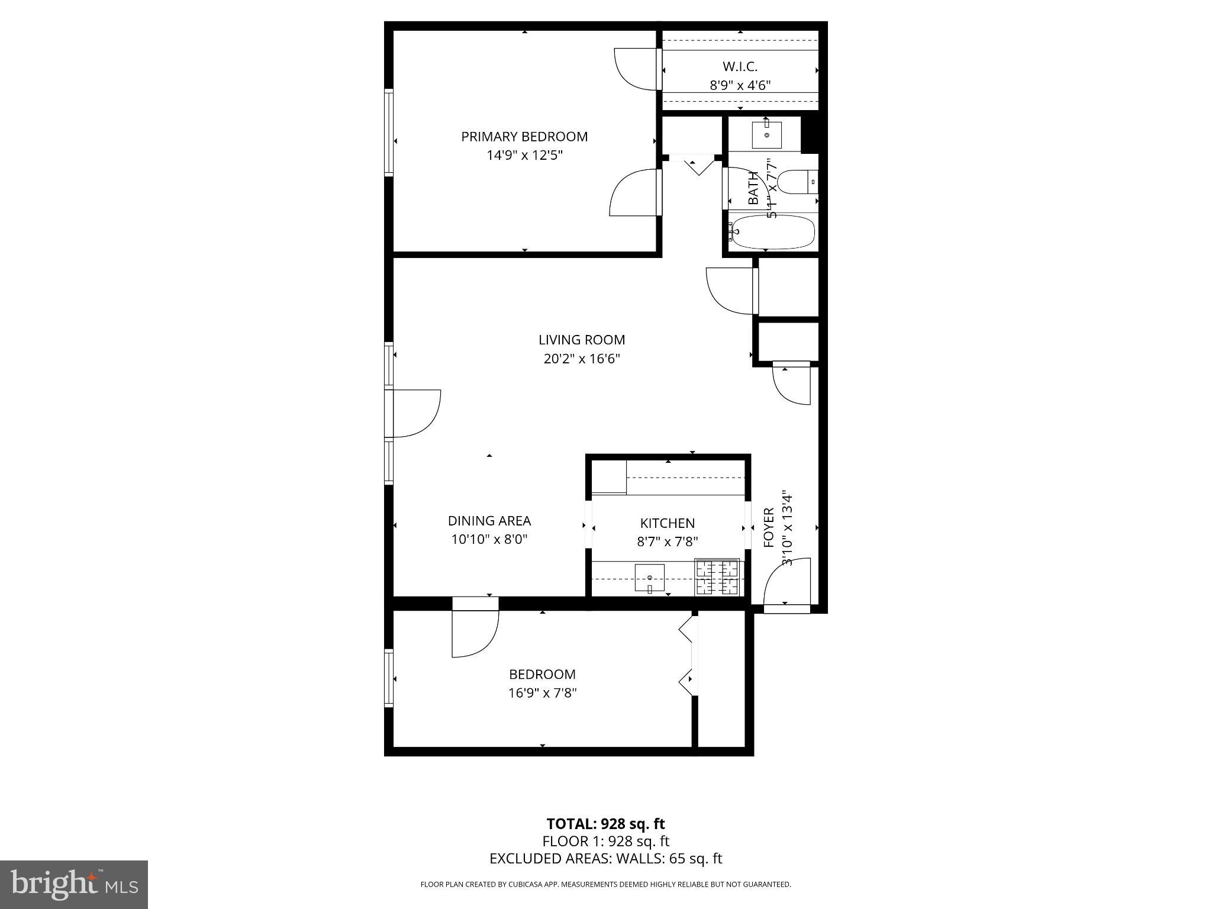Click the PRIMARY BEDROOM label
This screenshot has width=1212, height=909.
click(524, 137)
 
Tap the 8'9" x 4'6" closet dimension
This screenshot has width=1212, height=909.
click(740, 85)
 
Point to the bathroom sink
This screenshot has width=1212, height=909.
click(767, 135)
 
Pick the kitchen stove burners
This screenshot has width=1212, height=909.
click(717, 577)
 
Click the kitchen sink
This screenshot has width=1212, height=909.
click(649, 578)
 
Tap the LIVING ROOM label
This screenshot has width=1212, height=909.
click(581, 340)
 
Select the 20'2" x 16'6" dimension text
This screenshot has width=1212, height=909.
click(581, 359)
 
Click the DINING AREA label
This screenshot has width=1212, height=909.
click(489, 521)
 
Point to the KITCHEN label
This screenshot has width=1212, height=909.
click(667, 523)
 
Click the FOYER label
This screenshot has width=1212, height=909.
click(769, 527)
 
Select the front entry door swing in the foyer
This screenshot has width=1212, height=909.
click(785, 583)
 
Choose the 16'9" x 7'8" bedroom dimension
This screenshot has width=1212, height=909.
click(542, 693)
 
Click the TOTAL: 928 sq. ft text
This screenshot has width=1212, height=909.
click(605, 824)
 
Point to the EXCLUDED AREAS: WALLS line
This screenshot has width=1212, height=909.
click(605, 859)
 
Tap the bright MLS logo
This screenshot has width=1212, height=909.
click(74, 884)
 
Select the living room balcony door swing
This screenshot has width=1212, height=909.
click(416, 413)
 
